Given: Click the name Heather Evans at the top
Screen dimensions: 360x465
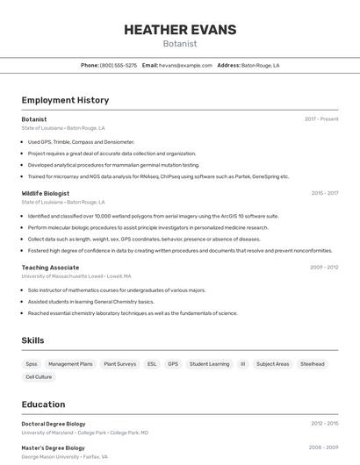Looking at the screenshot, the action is (180, 30).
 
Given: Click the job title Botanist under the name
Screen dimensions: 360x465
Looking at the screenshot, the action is (180, 44).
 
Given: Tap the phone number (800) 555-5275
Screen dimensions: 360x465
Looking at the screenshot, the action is (119, 65).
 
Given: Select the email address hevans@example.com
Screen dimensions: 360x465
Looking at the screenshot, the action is (186, 65).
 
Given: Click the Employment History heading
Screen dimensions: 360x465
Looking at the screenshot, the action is (65, 100).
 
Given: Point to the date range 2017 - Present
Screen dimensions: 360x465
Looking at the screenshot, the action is (321, 119).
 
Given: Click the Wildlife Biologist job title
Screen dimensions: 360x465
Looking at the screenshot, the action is (46, 193).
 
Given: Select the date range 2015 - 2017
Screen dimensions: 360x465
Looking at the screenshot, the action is (325, 193).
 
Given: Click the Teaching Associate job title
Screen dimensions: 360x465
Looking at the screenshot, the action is (50, 267).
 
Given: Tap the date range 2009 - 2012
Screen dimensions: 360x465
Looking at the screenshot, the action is (324, 267).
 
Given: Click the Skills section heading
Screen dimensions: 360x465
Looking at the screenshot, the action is (32, 340).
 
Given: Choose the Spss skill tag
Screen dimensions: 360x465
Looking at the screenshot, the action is (32, 363).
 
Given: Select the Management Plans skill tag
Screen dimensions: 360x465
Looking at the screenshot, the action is (70, 363).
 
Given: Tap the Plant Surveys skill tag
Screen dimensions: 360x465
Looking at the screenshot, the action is (120, 363).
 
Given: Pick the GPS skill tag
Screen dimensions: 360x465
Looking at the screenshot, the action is (173, 363).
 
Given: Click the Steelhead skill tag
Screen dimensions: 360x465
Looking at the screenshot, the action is (313, 363).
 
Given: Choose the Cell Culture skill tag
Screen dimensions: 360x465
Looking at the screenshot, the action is (39, 376).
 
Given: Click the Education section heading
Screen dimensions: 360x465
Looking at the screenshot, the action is (43, 404).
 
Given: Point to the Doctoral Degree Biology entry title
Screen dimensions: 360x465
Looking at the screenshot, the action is (54, 424).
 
